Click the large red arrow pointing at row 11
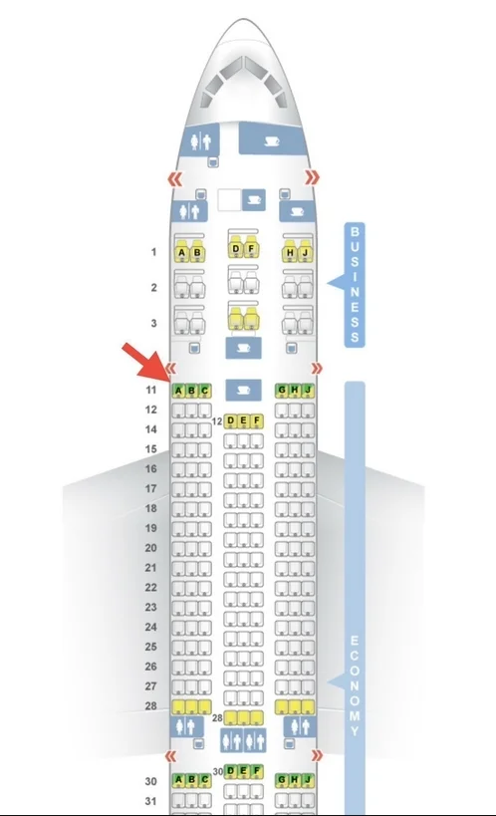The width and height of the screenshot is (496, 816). (146, 361)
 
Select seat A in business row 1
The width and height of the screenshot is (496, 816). (181, 252)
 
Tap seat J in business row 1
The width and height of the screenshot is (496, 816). (305, 252)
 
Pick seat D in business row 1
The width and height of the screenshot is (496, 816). (236, 248)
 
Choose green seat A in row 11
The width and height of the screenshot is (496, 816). (178, 391)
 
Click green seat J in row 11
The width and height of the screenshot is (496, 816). (308, 390)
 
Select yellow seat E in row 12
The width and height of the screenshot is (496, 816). (244, 420)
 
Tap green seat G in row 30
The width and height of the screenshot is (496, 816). (282, 779)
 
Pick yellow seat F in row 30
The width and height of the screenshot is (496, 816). (257, 771)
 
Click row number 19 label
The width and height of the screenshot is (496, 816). (151, 528)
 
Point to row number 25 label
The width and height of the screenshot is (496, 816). (151, 647)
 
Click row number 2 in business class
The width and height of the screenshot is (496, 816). (153, 287)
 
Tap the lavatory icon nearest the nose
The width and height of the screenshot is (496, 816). (201, 140)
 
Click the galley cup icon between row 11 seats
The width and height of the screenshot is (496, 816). (243, 390)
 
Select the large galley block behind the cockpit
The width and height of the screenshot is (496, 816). (271, 138)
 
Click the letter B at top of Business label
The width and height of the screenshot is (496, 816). (355, 231)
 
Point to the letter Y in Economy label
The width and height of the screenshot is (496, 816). (355, 731)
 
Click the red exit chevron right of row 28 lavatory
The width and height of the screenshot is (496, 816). (316, 755)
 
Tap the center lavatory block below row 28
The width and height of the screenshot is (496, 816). (243, 739)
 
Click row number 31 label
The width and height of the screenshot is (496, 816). (151, 801)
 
